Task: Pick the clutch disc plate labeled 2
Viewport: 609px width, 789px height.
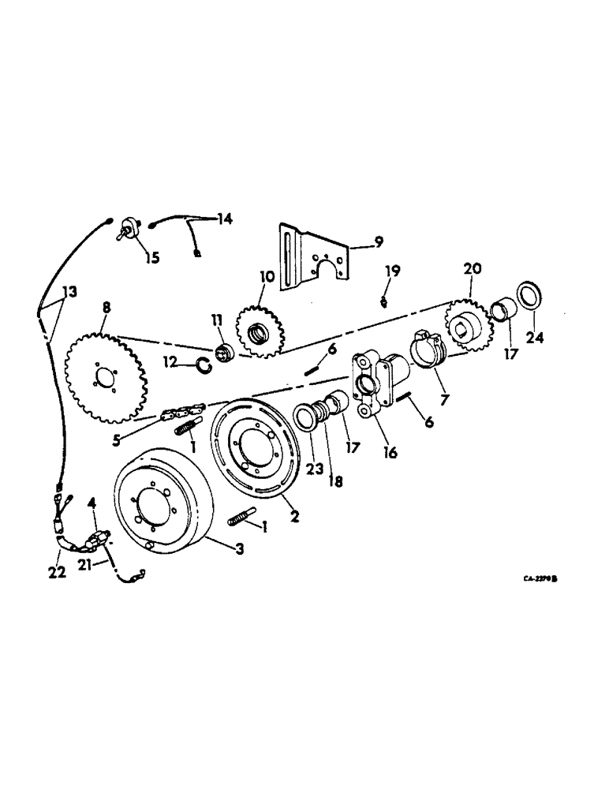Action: (x=253, y=449)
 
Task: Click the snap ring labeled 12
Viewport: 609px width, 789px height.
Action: (x=203, y=363)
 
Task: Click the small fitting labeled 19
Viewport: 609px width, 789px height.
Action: (x=384, y=302)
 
